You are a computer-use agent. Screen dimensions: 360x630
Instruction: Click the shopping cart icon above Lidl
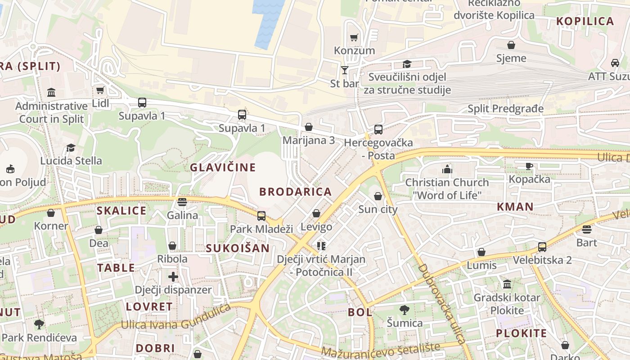point(100,90)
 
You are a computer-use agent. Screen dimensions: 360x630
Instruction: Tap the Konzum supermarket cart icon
point(354,38)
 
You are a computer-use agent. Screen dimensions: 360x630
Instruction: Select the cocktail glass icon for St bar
point(345,70)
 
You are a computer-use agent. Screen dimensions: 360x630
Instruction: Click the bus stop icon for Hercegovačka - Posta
point(378,130)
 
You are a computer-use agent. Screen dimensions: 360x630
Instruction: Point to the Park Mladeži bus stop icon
point(261,216)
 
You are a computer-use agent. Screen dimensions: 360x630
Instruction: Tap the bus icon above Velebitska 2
point(542,247)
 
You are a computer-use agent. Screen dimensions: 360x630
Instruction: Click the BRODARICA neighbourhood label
point(295,192)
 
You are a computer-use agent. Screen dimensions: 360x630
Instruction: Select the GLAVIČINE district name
point(223,168)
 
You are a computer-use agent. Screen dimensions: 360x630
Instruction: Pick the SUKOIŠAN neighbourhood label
point(238,248)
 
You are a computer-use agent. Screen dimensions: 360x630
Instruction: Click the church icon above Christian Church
point(447,169)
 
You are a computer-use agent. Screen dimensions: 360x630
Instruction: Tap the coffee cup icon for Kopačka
point(529,166)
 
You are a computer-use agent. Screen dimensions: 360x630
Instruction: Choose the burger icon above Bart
point(586,229)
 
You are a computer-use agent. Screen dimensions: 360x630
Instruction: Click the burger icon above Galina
point(182,202)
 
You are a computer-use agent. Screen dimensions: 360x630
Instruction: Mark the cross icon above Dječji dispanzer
point(173,276)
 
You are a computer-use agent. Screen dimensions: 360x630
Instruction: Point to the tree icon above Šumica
point(405,310)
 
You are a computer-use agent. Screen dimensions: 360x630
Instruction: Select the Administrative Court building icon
point(51,93)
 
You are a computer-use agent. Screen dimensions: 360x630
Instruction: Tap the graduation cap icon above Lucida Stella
point(71,148)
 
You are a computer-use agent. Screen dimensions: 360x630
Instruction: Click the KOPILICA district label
point(585,21)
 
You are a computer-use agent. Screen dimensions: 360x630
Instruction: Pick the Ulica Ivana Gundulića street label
point(176,321)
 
